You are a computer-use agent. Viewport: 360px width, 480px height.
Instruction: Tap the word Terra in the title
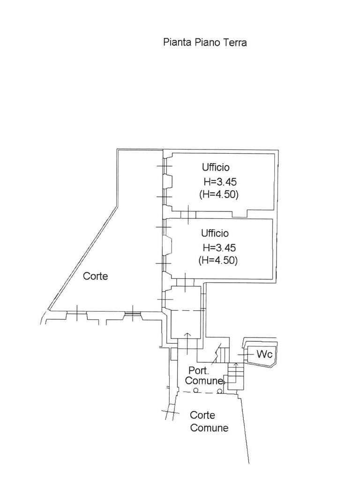pyautogui.click(x=235, y=42)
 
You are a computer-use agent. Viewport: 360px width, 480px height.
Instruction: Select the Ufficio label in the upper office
pyautogui.click(x=216, y=167)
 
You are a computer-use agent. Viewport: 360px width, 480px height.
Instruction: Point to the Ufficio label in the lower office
pyautogui.click(x=215, y=233)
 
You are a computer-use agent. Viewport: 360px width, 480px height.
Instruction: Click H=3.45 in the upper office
pyautogui.click(x=220, y=182)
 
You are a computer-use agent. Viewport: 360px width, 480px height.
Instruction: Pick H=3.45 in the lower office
pyautogui.click(x=219, y=247)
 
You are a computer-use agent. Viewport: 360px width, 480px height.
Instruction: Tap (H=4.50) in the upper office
pyautogui.click(x=218, y=195)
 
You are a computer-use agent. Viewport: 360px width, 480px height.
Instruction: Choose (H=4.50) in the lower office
pyautogui.click(x=218, y=261)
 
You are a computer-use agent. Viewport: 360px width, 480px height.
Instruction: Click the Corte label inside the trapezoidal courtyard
pyautogui.click(x=96, y=276)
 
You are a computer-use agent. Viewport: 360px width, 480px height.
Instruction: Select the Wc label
pyautogui.click(x=264, y=354)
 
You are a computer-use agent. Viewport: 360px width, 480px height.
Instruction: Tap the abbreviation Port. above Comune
pyautogui.click(x=199, y=370)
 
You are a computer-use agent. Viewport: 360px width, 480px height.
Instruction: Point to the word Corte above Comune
pyautogui.click(x=202, y=415)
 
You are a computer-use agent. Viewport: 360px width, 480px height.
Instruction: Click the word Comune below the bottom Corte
pyautogui.click(x=209, y=427)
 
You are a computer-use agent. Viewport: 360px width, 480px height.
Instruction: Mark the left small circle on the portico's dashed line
pyautogui.click(x=196, y=390)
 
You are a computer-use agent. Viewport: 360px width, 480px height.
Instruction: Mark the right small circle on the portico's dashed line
pyautogui.click(x=219, y=391)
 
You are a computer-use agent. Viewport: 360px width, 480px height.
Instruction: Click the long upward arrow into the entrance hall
pyautogui.click(x=187, y=343)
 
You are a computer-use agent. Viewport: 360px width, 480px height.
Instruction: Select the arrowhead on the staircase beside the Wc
pyautogui.click(x=236, y=364)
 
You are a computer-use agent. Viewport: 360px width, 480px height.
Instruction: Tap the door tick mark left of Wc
pyautogui.click(x=244, y=354)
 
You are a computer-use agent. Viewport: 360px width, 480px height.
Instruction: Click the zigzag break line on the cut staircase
pyautogui.click(x=218, y=352)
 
